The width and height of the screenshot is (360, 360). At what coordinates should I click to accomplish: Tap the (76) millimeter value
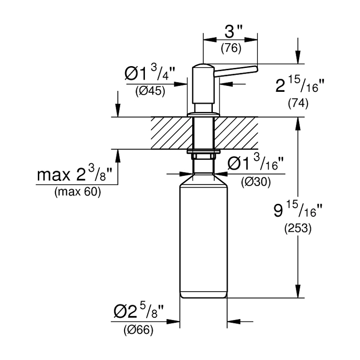click(231, 49)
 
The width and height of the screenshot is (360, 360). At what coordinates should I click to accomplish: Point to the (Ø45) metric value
click(150, 91)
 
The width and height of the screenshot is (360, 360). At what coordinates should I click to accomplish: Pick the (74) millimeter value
click(298, 103)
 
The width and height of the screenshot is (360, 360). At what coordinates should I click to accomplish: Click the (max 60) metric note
click(77, 192)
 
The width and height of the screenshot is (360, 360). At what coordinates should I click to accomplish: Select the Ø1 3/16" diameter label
click(256, 162)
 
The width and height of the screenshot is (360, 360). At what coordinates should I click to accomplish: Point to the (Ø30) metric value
click(256, 182)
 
